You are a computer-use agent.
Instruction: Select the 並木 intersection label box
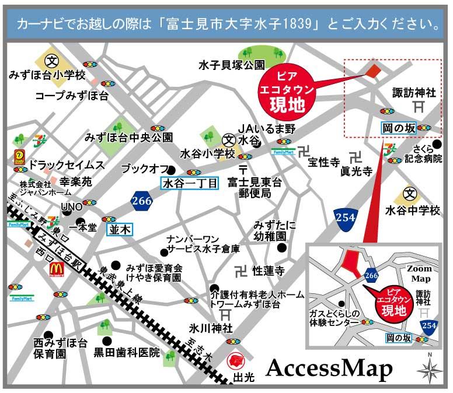(120, 229)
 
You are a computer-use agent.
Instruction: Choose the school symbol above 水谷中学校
(412, 193)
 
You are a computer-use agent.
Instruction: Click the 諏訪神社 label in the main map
(414, 92)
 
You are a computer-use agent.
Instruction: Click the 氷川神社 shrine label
(207, 328)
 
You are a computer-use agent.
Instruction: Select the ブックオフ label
(141, 169)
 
